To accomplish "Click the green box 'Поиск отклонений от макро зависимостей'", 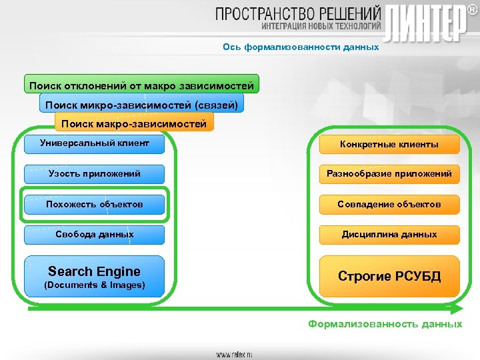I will click(141, 86).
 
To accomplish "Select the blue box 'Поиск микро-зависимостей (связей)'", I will click(141, 105).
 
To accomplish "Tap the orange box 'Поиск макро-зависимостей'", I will click(133, 123).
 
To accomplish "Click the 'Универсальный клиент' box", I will click(94, 143).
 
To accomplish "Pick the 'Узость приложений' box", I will click(94, 174).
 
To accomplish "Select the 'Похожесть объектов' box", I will click(94, 204).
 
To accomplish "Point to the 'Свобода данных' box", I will click(94, 235).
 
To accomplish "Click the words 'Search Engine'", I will click(94, 271).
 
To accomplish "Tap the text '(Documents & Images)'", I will click(94, 285).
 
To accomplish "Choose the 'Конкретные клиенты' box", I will click(389, 144).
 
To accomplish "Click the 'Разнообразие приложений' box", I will click(389, 174).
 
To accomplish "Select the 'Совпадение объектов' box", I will click(389, 204).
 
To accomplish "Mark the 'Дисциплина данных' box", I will click(389, 235).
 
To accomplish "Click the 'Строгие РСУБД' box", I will click(389, 276).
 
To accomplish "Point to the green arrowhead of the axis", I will click(456, 309).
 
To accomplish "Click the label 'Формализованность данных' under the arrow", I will click(385, 324).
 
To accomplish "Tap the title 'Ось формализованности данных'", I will click(301, 47).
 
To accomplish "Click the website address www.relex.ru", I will click(234, 355).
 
